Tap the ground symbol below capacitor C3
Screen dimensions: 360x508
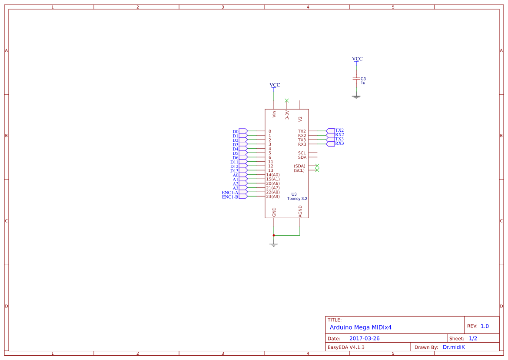click(356, 97)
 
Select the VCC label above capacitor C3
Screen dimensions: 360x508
click(357, 59)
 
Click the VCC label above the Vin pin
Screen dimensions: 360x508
click(275, 85)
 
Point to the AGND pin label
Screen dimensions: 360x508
click(300, 212)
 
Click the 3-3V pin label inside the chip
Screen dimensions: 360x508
click(287, 115)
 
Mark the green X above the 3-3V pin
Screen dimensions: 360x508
click(287, 100)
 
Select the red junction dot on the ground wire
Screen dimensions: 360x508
click(274, 235)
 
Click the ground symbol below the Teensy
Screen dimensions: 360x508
click(274, 245)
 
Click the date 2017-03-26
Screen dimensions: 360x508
click(364, 338)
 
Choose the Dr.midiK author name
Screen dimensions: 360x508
click(454, 347)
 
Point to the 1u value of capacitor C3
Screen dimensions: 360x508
click(363, 83)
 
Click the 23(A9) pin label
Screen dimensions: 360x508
click(273, 197)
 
